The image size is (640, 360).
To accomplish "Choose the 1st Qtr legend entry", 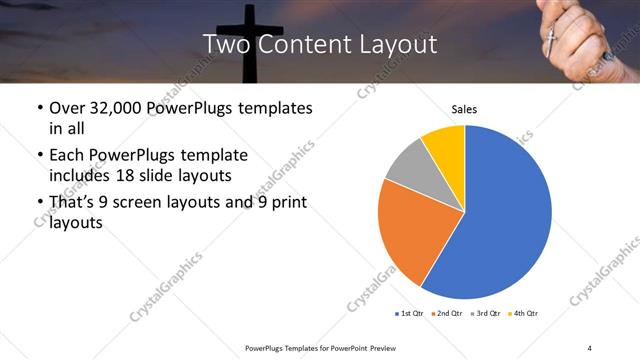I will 411,314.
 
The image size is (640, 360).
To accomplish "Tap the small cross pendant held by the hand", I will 549,39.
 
